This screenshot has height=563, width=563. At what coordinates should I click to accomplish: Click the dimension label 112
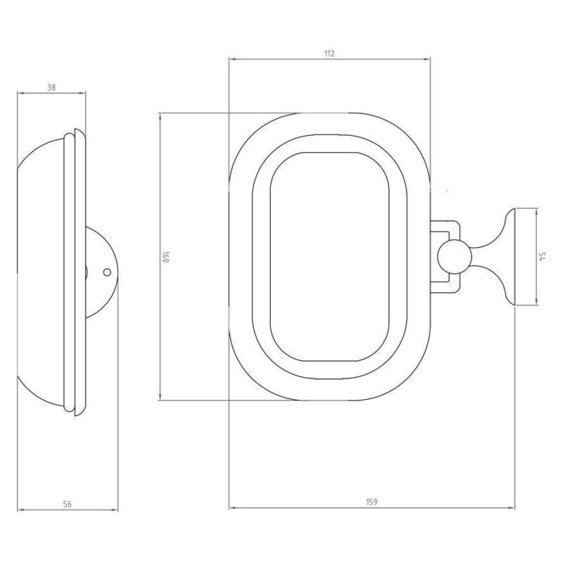coord(329,54)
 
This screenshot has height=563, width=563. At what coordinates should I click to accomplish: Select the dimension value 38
coord(51,87)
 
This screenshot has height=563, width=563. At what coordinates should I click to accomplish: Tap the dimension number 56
coord(67,504)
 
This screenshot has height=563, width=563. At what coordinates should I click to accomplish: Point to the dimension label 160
coord(165,257)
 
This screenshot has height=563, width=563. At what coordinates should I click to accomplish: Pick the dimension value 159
coord(372,502)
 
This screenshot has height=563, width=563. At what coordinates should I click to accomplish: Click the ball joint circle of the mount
coord(454,257)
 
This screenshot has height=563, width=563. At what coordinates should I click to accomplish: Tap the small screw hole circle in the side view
coord(107,272)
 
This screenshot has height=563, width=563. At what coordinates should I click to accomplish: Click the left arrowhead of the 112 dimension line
coord(232,59)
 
